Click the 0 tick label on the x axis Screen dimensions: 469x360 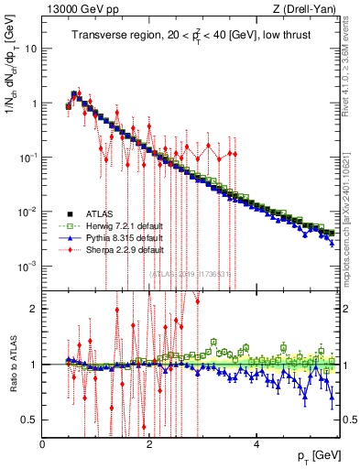[x=43, y=443]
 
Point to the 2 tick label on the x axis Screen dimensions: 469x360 [x=150, y=443]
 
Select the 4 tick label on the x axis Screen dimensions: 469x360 [x=257, y=443]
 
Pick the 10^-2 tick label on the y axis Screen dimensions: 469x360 [x=27, y=212]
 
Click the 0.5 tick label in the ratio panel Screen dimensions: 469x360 [x=29, y=420]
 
